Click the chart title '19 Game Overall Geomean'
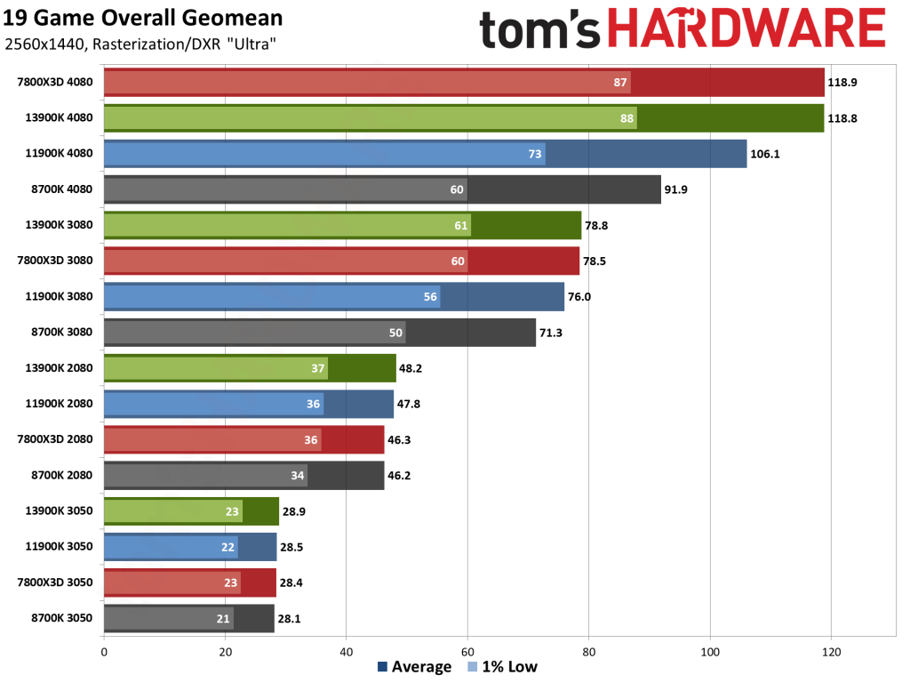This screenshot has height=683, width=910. pyautogui.click(x=144, y=18)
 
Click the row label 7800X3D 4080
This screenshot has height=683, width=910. pyautogui.click(x=55, y=83)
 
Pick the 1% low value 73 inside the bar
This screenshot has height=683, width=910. pyautogui.click(x=535, y=154)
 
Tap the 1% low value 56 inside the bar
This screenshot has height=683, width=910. pyautogui.click(x=431, y=297)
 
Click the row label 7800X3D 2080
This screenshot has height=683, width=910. pyautogui.click(x=55, y=439)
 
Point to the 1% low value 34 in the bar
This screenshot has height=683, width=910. pyautogui.click(x=298, y=476)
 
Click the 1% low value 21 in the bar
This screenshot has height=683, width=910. pyautogui.click(x=223, y=618)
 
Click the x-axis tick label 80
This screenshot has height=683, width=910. pyautogui.click(x=588, y=652)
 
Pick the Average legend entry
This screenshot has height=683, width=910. pyautogui.click(x=414, y=667)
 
